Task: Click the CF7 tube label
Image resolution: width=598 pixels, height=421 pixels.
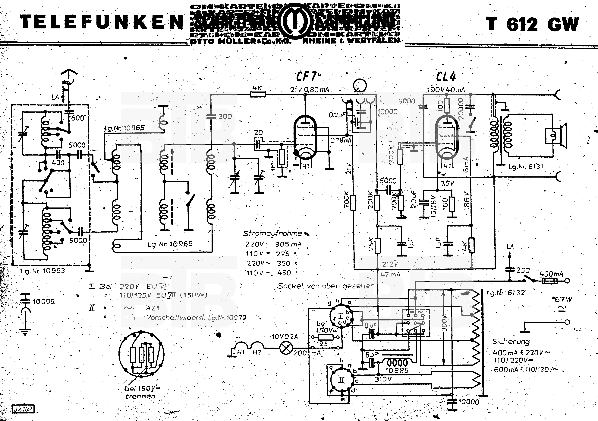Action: click(x=307, y=77)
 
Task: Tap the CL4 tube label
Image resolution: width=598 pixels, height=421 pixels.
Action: click(x=446, y=77)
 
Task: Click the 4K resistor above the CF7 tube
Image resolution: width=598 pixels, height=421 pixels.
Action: click(x=258, y=94)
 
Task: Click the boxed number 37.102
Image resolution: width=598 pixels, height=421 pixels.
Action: click(x=23, y=409)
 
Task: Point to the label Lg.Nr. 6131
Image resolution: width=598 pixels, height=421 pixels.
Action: click(x=526, y=166)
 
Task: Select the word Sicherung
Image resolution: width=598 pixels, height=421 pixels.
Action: click(x=511, y=341)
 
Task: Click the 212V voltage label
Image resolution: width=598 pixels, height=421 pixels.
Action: click(x=390, y=264)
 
